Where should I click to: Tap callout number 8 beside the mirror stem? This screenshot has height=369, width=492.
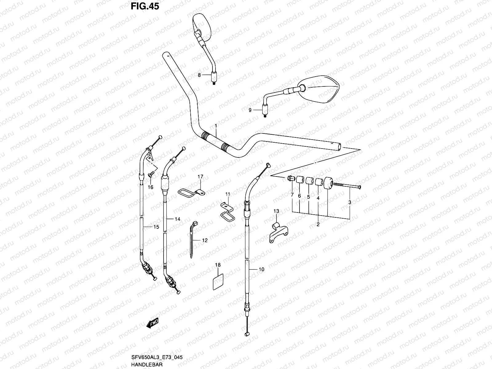[x=199, y=75]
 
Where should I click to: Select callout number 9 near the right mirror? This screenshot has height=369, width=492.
[x=250, y=110]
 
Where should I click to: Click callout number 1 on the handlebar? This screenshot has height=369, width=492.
[x=216, y=126]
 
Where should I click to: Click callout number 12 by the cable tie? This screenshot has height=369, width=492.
[x=205, y=240]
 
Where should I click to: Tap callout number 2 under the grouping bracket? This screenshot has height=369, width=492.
[x=318, y=224]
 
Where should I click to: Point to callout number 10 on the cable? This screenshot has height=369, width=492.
[x=261, y=269]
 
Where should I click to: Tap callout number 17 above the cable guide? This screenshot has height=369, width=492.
[x=200, y=177]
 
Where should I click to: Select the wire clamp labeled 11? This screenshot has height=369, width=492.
[x=227, y=211]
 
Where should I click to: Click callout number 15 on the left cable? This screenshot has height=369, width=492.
[x=156, y=227]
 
